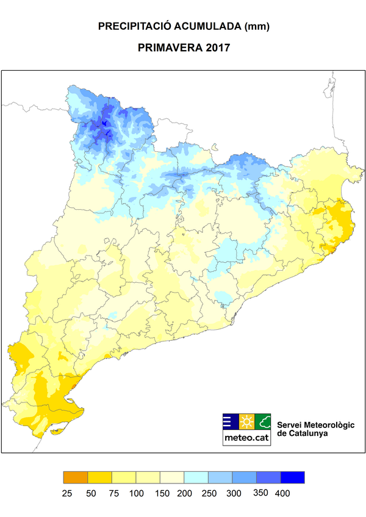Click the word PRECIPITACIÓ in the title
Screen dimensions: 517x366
[135, 27]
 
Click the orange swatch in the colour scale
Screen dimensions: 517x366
[76, 477]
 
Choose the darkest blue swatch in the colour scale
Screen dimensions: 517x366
[292, 477]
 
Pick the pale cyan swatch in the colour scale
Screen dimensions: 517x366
[196, 477]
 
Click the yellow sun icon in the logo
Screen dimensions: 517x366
[246, 421]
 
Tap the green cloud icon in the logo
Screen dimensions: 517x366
[263, 421]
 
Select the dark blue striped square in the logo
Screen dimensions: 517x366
[230, 421]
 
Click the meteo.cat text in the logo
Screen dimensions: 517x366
[246, 437]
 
